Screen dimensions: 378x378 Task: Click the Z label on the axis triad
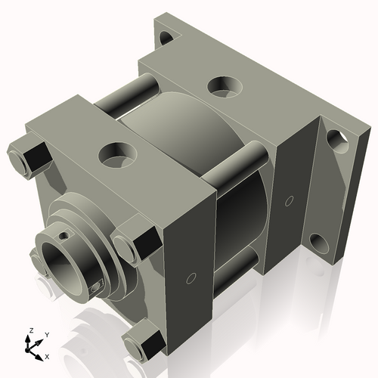[30, 331]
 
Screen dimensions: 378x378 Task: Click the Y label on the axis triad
[46, 334]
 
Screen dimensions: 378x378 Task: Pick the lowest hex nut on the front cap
[141, 344]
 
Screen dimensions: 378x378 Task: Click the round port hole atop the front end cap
[116, 154]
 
